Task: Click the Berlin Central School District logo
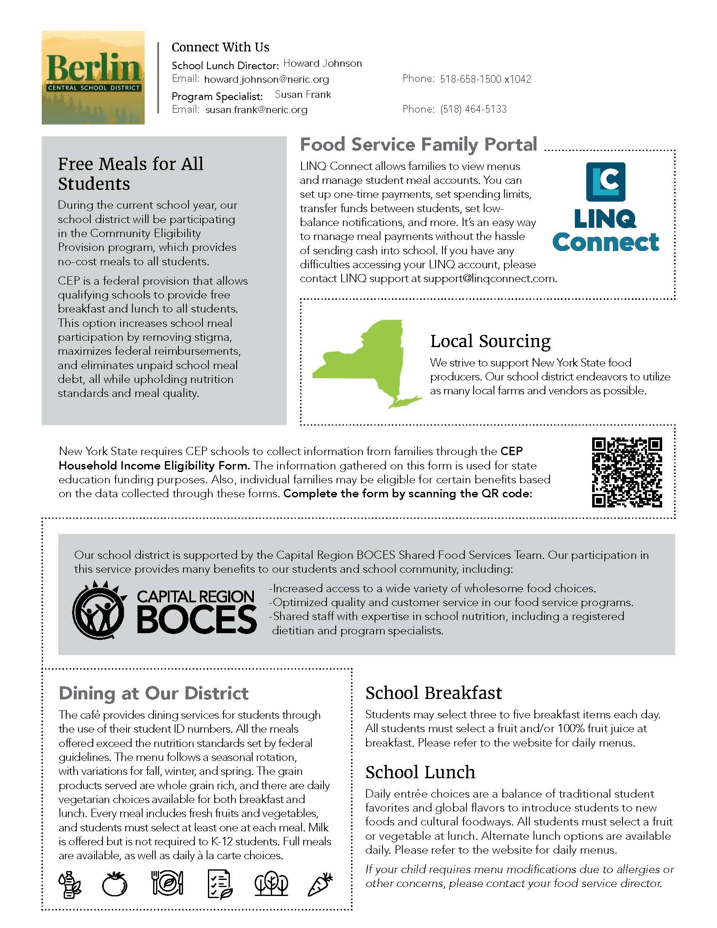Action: [x=93, y=78]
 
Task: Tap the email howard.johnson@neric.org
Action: [x=266, y=79]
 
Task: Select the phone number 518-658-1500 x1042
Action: [x=485, y=79]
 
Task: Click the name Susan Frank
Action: [x=302, y=94]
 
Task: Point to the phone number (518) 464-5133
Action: [x=473, y=109]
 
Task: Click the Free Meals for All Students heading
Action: [x=130, y=174]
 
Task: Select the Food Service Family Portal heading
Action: [x=418, y=144]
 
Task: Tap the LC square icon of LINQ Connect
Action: [x=605, y=182]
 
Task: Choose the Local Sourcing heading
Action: [x=490, y=341]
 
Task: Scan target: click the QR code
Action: [x=626, y=472]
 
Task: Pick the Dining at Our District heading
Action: [x=154, y=693]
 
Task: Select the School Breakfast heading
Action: [x=433, y=693]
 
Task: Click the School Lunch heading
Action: [x=420, y=772]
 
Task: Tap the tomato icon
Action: [x=115, y=884]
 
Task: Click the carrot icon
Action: [x=319, y=884]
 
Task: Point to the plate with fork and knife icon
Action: [x=167, y=882]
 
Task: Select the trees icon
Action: [x=271, y=884]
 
